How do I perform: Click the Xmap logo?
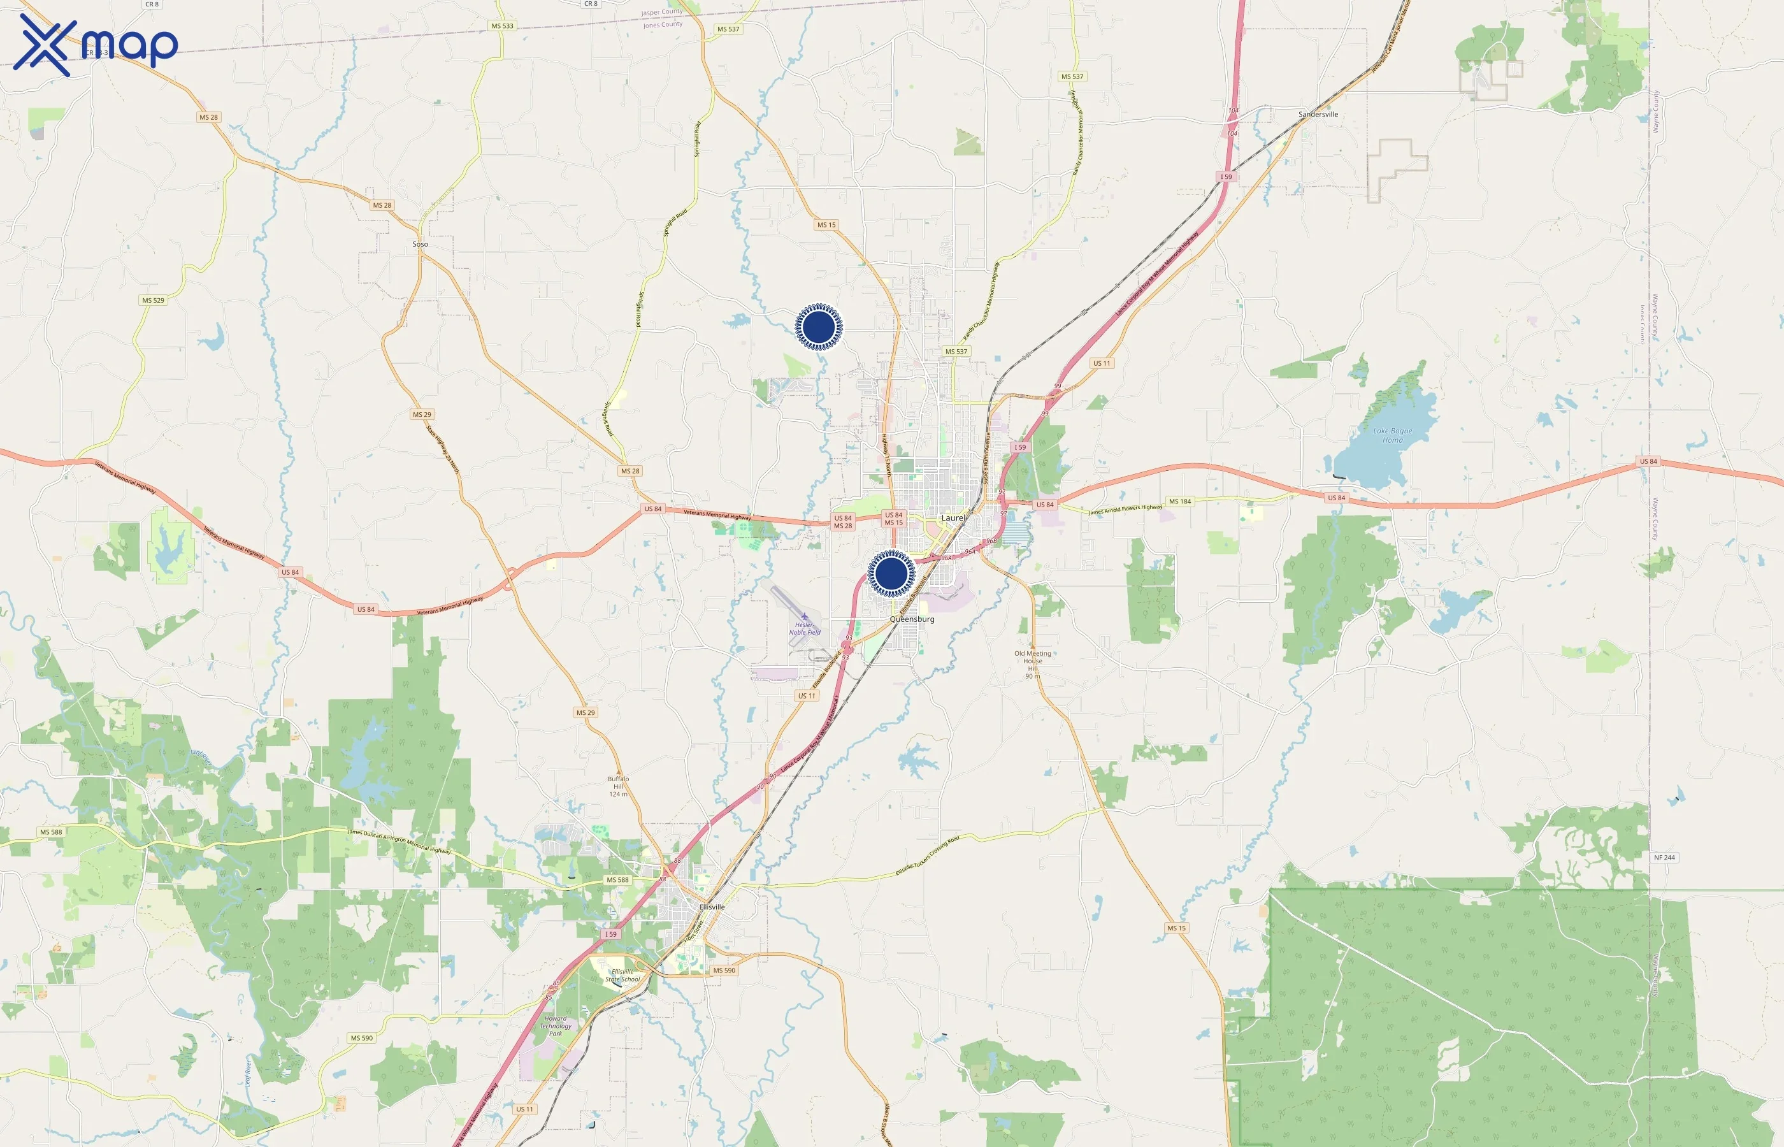[96, 45]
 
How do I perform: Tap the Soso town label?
[420, 243]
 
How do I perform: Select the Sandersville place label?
[1318, 114]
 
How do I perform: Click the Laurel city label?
[953, 517]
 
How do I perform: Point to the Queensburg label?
[911, 619]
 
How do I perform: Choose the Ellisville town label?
[712, 907]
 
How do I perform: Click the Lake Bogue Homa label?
[1392, 435]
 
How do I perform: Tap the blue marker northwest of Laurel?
[818, 326]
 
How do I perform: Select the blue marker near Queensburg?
[891, 573]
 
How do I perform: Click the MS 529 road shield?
[153, 300]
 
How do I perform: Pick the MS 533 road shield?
[502, 26]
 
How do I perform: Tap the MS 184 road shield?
[1179, 501]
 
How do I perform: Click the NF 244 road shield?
[1664, 857]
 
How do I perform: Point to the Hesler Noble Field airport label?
[804, 628]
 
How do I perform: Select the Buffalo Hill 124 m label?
[618, 786]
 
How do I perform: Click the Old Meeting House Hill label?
[1033, 663]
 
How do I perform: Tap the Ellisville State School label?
[622, 975]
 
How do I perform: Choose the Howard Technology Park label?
[556, 1025]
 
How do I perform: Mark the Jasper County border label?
[661, 13]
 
